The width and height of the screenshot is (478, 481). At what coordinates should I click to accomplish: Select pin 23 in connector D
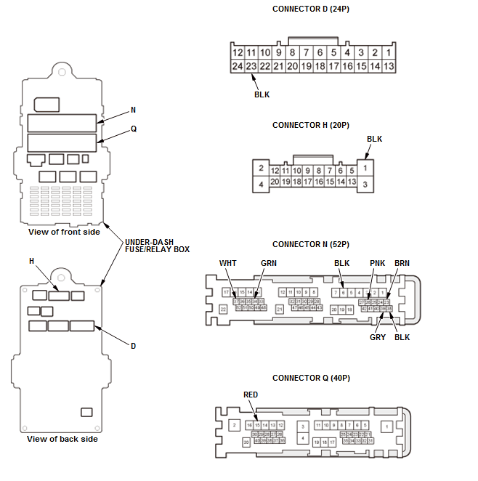(251, 66)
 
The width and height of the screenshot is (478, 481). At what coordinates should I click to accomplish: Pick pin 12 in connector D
(237, 53)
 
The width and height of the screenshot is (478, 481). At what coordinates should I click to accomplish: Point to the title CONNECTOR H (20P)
(310, 125)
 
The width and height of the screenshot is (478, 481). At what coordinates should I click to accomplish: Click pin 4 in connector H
(259, 185)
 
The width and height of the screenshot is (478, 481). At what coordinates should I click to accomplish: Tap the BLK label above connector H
(374, 139)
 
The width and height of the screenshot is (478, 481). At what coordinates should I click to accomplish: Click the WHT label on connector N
(228, 262)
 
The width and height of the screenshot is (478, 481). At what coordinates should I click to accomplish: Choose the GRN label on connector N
(269, 262)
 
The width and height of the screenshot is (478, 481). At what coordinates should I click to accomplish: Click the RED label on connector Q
(251, 395)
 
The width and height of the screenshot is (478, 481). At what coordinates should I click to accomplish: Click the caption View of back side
(62, 439)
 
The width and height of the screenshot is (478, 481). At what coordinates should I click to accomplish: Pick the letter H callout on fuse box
(31, 261)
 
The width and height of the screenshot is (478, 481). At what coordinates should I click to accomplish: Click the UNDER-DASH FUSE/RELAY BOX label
(157, 245)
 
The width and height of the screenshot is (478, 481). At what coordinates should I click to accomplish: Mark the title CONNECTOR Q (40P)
(310, 378)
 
